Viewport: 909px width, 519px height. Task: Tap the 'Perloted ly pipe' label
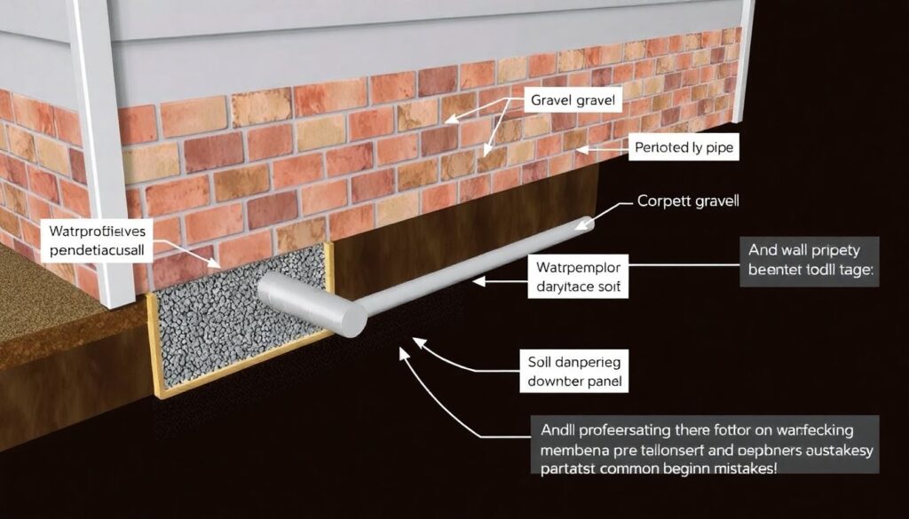pyautogui.click(x=684, y=148)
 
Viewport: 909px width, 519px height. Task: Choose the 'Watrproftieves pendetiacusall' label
pyautogui.click(x=90, y=240)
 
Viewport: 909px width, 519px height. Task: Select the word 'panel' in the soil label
pyautogui.click(x=603, y=383)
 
